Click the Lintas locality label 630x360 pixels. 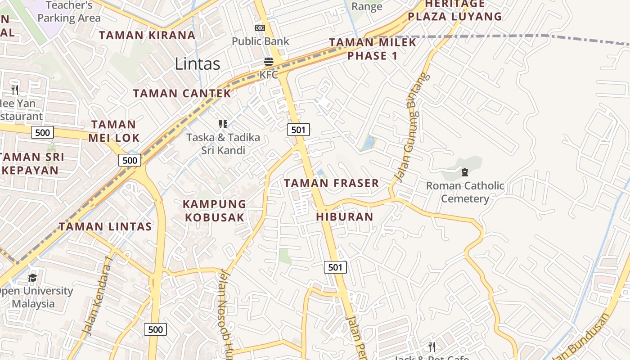click(198, 64)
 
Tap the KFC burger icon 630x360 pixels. click(269, 61)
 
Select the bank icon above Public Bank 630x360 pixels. click(260, 28)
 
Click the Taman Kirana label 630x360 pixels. click(147, 35)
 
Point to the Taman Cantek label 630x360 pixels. click(182, 94)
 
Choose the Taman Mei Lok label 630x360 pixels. click(113, 131)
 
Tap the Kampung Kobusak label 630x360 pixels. click(214, 211)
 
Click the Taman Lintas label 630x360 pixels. click(105, 226)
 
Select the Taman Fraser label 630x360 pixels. click(331, 183)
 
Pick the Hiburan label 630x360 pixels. click(345, 216)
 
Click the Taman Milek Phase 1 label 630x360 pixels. click(373, 49)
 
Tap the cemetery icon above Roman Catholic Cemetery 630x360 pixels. click(465, 172)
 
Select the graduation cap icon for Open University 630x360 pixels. click(32, 278)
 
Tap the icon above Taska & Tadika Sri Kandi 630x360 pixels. click(223, 124)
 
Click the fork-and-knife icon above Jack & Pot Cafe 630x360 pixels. click(432, 346)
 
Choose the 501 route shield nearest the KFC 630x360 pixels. click(298, 130)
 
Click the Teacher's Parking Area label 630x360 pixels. click(69, 12)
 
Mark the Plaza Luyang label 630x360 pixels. click(454, 17)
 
